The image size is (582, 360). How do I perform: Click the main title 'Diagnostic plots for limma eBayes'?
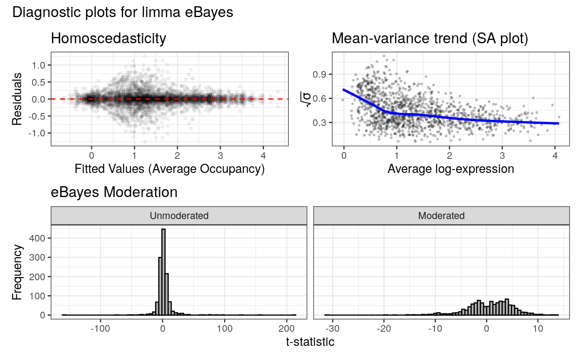[x=123, y=12]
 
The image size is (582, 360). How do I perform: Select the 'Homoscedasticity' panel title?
[x=108, y=39]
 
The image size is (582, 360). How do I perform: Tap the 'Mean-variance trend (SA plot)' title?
[x=430, y=39]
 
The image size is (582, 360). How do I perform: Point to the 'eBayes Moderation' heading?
[x=114, y=192]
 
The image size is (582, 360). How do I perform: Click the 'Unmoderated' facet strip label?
[x=179, y=216]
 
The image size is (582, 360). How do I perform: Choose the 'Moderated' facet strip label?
[x=441, y=216]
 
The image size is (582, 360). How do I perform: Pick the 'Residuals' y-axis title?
[x=17, y=99]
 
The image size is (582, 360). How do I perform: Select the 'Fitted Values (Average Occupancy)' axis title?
[x=170, y=169]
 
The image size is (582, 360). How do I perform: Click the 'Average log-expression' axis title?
[x=451, y=169]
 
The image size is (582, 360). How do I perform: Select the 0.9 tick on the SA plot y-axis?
[x=321, y=74]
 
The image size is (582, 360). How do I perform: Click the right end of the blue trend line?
[x=558, y=123]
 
